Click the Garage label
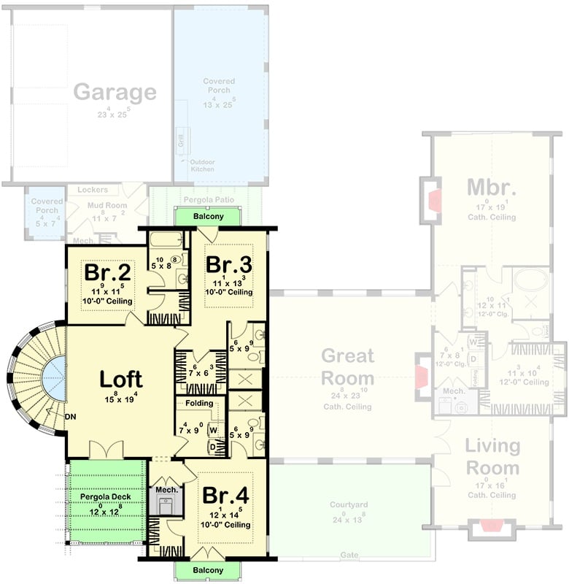115,93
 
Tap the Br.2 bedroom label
107,272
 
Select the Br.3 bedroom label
228,264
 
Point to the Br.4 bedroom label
225,495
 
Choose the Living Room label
492,457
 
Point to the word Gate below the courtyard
349,556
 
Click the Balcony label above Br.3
209,217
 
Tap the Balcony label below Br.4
209,570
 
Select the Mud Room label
108,206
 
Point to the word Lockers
93,190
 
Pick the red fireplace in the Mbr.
435,199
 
